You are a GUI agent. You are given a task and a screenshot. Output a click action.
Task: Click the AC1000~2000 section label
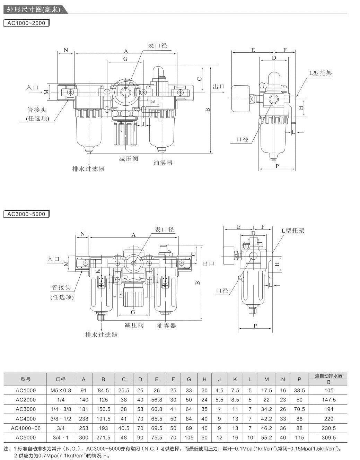pyautogui.click(x=26, y=23)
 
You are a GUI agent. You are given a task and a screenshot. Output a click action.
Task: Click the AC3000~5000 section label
pyautogui.click(x=26, y=214)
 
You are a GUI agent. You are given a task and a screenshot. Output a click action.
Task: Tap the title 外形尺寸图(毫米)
pyautogui.click(x=34, y=10)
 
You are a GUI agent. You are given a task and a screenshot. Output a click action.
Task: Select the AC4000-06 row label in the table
pyautogui.click(x=26, y=428)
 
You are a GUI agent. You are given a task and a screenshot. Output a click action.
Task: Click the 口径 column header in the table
pyautogui.click(x=61, y=379)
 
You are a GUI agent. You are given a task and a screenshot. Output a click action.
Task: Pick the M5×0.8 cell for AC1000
pyautogui.click(x=61, y=390)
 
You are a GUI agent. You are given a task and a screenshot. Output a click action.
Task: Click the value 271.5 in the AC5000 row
pyautogui.click(x=103, y=437)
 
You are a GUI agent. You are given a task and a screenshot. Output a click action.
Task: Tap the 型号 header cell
pyautogui.click(x=26, y=379)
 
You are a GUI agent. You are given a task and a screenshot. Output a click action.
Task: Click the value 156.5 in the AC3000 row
pyautogui.click(x=103, y=409)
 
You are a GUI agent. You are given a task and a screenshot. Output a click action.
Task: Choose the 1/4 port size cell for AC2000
pyautogui.click(x=61, y=400)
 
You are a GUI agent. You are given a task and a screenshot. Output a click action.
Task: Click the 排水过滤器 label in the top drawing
pyautogui.click(x=88, y=169)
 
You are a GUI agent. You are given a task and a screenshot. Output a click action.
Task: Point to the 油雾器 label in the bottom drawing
pyautogui.click(x=166, y=326)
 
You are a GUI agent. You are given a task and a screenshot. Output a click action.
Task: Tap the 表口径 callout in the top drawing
pyautogui.click(x=158, y=46)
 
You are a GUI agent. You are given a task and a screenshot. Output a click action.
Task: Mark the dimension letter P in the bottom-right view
pyautogui.click(x=255, y=326)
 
